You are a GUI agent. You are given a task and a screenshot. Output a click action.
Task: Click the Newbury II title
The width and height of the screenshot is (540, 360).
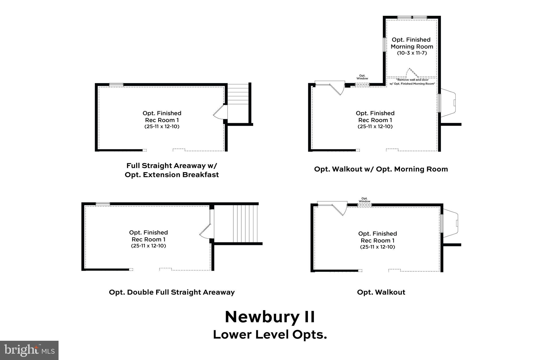pos(270,317)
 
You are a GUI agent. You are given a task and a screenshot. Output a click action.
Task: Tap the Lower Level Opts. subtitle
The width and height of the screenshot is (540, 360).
pos(270,335)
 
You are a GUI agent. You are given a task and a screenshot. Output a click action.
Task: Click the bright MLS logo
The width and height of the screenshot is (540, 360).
pos(29,350)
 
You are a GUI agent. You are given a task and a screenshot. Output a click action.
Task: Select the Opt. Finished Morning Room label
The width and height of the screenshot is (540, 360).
pos(412,43)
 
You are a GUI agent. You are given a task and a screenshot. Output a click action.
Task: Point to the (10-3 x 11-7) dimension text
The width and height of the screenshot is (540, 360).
pos(412,53)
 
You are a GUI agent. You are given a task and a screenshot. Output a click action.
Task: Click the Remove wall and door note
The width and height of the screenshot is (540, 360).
pos(412,81)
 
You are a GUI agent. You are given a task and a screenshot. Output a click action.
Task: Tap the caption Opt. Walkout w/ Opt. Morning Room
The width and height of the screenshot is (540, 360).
pos(381,169)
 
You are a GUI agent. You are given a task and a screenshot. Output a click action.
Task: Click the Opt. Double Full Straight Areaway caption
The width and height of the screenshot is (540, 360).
pos(172,292)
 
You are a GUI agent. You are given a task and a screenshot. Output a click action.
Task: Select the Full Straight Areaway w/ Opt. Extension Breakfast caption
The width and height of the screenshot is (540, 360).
pos(172,170)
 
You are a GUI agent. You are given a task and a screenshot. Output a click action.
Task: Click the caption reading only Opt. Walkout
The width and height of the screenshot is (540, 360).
pos(381,292)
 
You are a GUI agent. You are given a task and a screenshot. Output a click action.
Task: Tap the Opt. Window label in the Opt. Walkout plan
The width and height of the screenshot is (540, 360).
pos(364,200)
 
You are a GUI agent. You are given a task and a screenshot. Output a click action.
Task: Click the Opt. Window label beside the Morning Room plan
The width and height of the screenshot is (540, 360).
pos(362,77)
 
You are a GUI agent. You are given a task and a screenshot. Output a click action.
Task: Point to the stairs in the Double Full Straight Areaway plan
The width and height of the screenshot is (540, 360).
pos(245,224)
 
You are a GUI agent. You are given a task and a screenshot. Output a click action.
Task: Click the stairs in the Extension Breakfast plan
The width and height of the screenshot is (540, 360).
pos(238,94)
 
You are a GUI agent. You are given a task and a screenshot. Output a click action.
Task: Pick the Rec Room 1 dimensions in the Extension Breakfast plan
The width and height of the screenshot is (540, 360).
pos(162,127)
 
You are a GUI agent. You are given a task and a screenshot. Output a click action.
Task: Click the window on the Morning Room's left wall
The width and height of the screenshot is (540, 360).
pos(384,45)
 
